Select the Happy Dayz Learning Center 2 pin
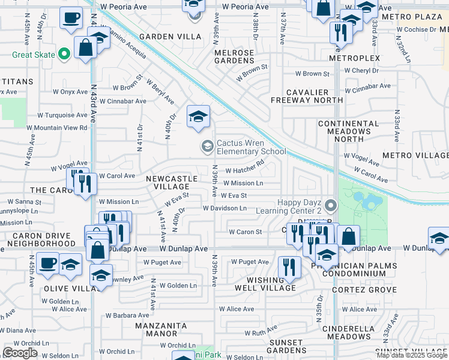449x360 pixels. pyautogui.click(x=329, y=206)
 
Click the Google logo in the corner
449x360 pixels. pyautogui.click(x=20, y=353)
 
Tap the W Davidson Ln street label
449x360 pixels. pyautogui.click(x=224, y=208)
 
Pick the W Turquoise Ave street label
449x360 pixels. pyautogui.click(x=62, y=115)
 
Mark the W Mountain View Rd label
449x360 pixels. pyautogui.click(x=57, y=127)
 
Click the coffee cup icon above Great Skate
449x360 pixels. pyautogui.click(x=71, y=17)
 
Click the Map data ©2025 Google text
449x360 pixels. pyautogui.click(x=412, y=355)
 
